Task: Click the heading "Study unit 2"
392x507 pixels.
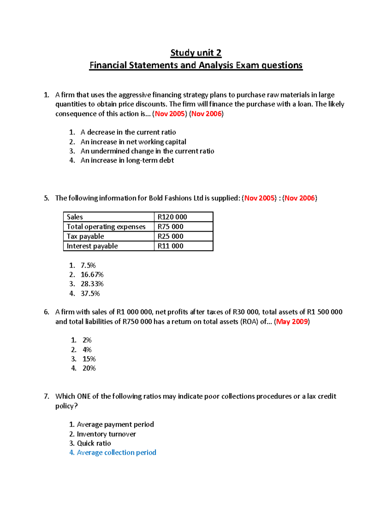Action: click(196, 53)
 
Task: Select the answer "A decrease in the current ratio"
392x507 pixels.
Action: click(128, 132)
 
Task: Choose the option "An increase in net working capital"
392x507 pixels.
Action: click(133, 142)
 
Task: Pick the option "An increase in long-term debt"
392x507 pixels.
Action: click(127, 160)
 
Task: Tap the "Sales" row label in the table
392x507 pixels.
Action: click(75, 217)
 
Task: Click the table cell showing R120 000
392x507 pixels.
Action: click(172, 217)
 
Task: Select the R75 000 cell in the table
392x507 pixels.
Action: click(170, 227)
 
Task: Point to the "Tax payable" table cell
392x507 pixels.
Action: click(85, 236)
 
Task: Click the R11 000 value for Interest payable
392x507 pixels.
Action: click(170, 246)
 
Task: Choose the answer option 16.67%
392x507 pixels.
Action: click(92, 275)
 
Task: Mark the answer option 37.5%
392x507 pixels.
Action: click(90, 293)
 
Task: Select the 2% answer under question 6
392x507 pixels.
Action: click(87, 340)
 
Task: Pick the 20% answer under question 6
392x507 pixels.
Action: click(89, 368)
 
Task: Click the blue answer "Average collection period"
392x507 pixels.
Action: click(116, 452)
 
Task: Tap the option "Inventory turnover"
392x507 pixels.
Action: click(106, 434)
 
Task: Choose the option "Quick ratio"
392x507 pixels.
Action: click(94, 443)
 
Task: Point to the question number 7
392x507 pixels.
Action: click(46, 396)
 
